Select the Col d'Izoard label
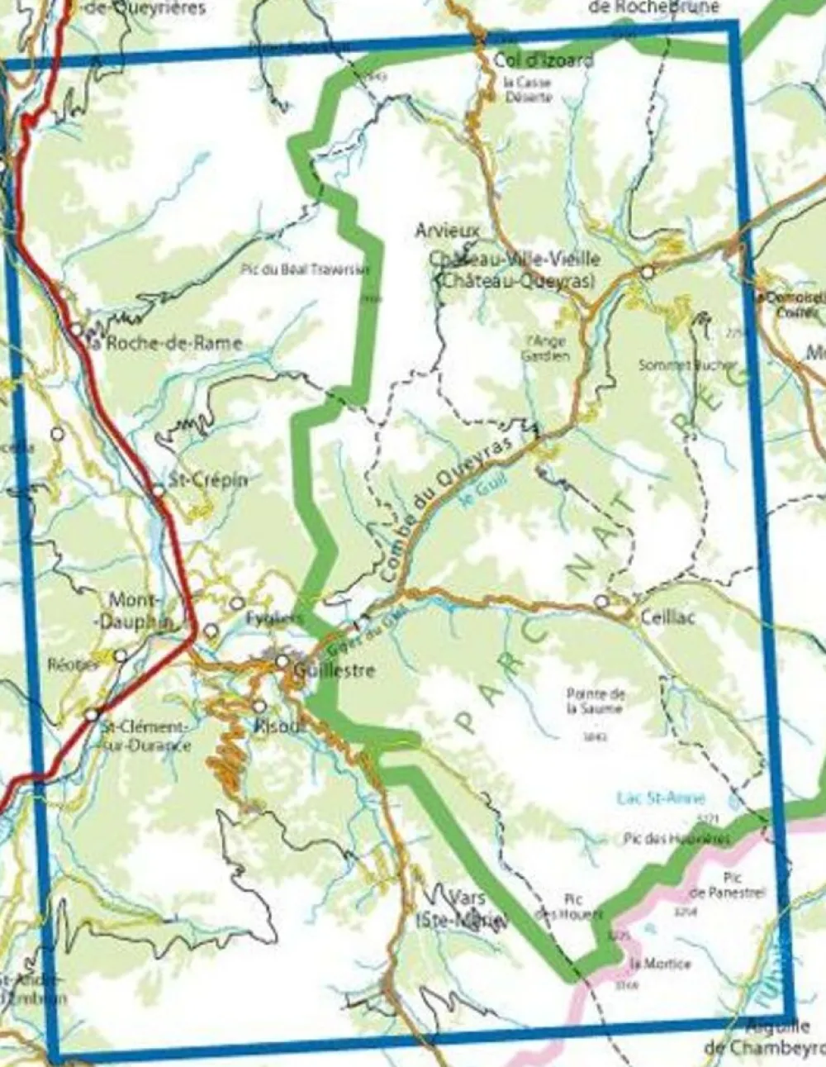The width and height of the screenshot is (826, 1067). tap(544, 60)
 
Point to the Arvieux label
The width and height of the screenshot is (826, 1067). tap(447, 231)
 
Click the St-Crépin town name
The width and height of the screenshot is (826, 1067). tap(207, 479)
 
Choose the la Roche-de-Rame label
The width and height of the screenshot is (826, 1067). tap(165, 343)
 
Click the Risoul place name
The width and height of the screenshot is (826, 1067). tap(268, 727)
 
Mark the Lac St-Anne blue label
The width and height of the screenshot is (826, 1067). tap(661, 798)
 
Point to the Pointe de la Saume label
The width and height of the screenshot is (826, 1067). tap(596, 702)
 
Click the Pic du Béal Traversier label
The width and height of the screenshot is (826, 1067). tap(306, 269)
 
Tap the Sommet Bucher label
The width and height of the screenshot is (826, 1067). tap(687, 364)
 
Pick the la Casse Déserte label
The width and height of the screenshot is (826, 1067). tap(527, 89)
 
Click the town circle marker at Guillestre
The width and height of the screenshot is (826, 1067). tap(282, 661)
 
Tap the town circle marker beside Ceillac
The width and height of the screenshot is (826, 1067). tap(601, 601)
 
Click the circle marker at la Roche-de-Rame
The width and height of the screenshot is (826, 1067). tap(76, 330)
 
